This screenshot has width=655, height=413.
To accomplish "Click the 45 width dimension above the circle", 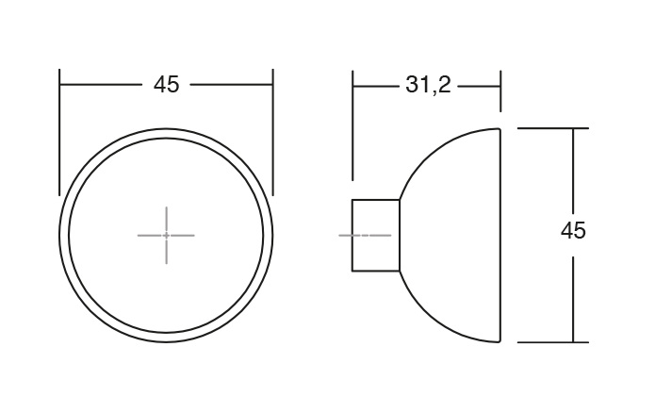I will pos(166,85).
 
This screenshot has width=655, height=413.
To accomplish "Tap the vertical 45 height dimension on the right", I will pos(573,231).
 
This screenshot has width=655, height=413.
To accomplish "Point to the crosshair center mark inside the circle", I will pos(166,235).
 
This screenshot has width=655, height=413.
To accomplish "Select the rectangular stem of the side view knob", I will pos(375,235).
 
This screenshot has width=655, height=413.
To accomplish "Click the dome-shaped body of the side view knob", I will pos(452,235).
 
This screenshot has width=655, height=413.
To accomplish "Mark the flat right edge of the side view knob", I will pos(499,235).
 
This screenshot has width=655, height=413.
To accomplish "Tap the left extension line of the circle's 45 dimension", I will pos(60,123).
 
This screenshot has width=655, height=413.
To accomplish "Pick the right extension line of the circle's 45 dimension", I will pos(272,123).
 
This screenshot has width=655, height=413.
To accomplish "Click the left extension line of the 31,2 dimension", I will pos(352,123).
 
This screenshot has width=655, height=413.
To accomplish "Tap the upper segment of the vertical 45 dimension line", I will pos(573,170).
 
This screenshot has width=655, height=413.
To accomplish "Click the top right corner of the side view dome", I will pos(499,128).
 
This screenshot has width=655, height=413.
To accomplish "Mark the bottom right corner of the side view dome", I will pos(499,341).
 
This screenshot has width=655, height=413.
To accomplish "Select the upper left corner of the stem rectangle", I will pos(352,199).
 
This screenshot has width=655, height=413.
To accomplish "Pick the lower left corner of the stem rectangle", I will pos(352,271).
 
